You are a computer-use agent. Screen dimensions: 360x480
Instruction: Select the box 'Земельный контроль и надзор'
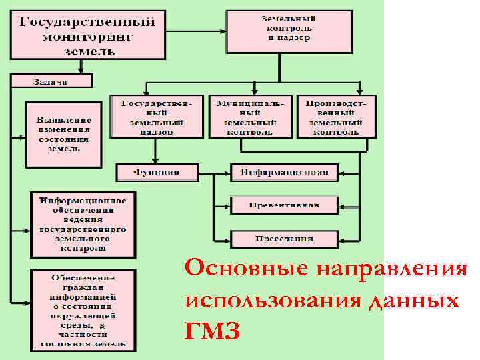coord(289,31)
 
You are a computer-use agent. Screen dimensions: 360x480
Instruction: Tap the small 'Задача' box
coord(51,81)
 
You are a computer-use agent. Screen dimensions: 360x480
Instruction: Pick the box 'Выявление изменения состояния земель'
coord(63,134)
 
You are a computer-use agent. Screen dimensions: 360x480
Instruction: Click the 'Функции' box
coord(157,172)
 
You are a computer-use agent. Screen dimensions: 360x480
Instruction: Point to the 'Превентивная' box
coord(285,205)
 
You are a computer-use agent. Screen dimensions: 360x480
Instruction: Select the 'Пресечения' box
coord(285,237)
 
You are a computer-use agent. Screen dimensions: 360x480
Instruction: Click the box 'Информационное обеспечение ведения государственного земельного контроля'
coord(83,224)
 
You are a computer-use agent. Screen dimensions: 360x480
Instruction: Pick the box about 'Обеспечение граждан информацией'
coord(83,310)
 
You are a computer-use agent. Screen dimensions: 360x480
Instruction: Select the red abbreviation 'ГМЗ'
coord(211,330)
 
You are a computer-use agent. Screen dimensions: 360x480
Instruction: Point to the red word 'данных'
coord(413,300)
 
